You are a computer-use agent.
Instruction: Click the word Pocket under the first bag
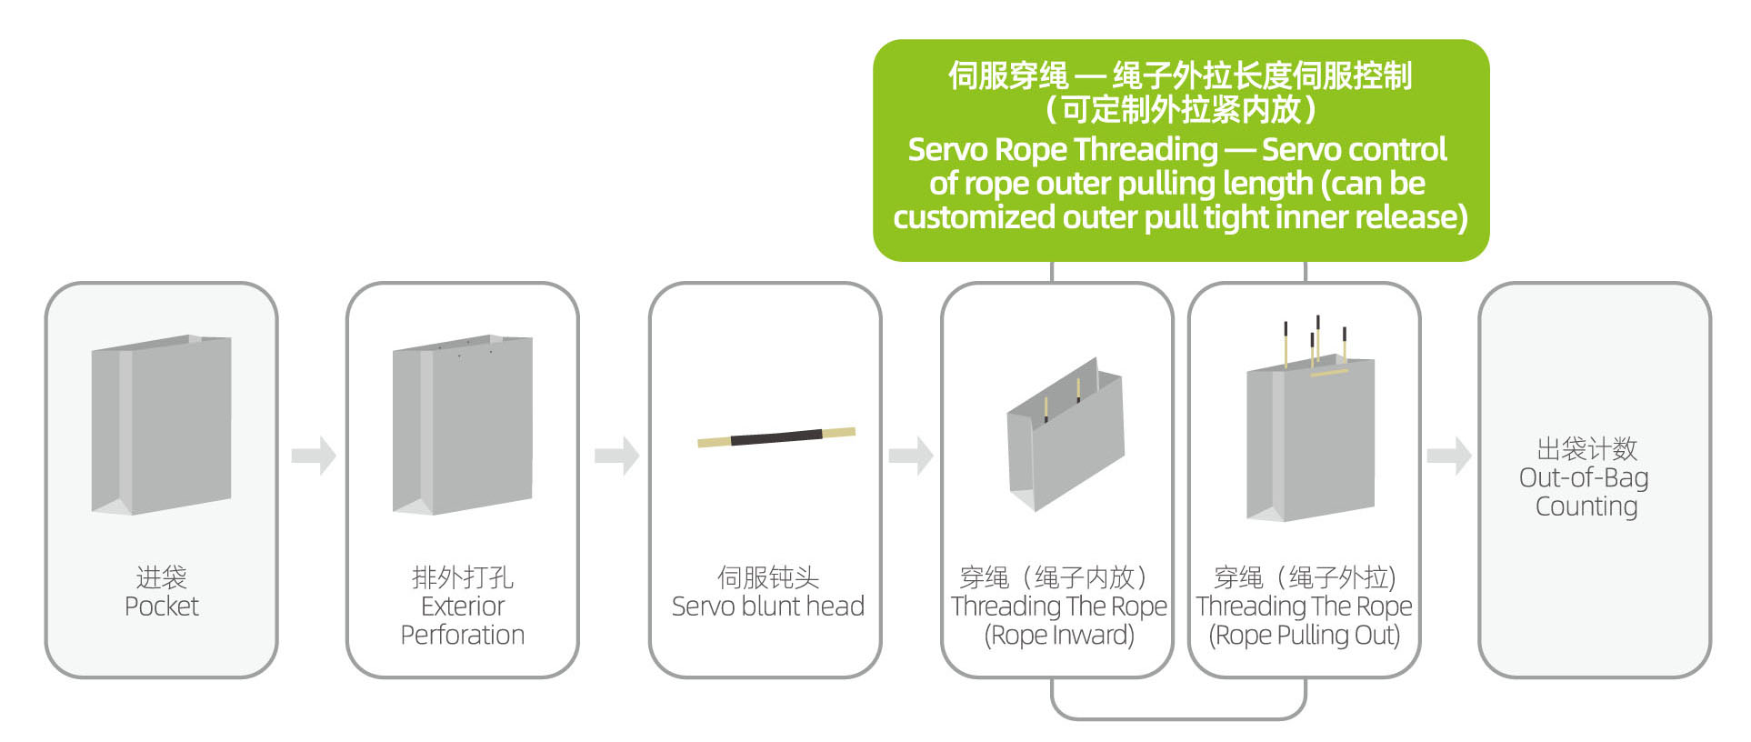(161, 607)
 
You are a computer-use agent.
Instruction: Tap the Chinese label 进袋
(161, 577)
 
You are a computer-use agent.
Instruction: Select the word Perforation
(463, 636)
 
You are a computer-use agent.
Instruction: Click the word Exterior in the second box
(463, 607)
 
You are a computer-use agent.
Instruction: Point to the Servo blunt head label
(767, 607)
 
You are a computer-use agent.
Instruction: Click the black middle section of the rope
(776, 437)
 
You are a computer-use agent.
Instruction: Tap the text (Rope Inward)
(1059, 636)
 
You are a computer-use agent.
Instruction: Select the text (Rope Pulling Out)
(1304, 636)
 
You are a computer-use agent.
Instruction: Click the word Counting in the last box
(1586, 506)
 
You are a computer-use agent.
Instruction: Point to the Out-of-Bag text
(1584, 477)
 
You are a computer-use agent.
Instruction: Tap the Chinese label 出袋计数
(1586, 448)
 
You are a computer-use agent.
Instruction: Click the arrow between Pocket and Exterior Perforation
(314, 456)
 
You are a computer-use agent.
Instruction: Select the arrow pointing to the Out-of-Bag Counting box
(1449, 456)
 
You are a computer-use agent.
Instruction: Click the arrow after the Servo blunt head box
(911, 456)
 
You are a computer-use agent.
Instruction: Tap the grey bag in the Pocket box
(161, 425)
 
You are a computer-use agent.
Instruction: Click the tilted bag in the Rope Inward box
(1066, 435)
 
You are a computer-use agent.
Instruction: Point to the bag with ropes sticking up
(1310, 427)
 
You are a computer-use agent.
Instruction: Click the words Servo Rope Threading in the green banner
(1063, 149)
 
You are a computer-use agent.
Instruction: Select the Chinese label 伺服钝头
(767, 577)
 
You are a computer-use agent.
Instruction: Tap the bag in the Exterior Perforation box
(463, 425)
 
